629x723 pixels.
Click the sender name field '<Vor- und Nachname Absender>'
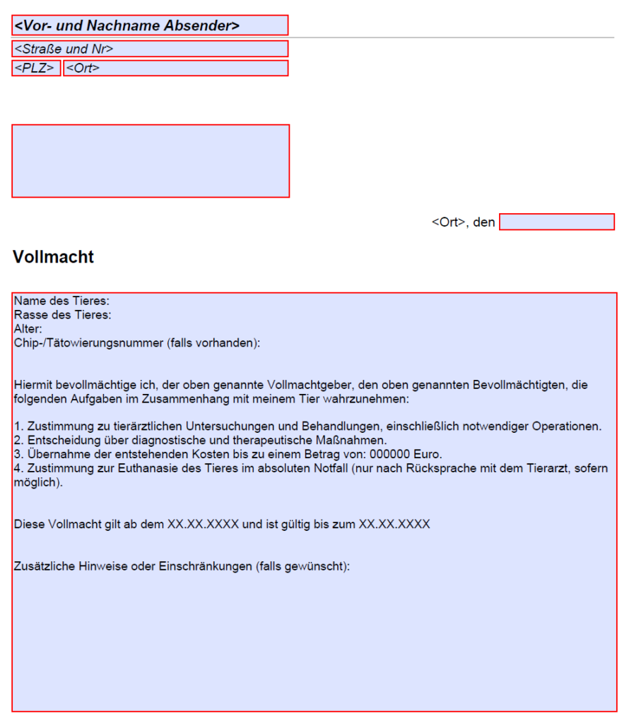(150, 25)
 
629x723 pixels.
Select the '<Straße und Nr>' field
(150, 49)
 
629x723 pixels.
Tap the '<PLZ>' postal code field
(36, 68)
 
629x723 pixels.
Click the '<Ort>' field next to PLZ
(175, 68)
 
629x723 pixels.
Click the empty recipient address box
(150, 161)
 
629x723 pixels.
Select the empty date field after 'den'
(556, 222)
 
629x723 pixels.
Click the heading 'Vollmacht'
(53, 257)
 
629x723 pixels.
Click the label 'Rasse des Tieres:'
(63, 315)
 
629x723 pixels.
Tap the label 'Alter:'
(28, 328)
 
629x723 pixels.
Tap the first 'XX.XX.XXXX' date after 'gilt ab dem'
(203, 525)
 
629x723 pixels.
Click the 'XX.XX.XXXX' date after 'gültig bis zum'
(394, 525)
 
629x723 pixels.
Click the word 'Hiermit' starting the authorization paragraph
(33, 386)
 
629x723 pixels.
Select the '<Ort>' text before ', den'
(448, 222)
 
